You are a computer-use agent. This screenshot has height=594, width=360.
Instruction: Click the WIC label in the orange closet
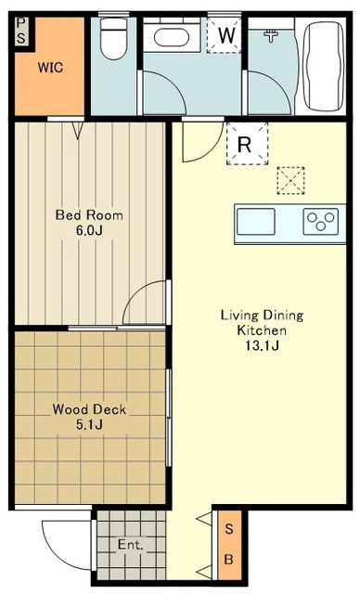pos(50,67)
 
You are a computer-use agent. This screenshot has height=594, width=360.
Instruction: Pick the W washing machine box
pos(225,36)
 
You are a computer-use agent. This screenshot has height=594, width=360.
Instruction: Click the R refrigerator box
pos(245,144)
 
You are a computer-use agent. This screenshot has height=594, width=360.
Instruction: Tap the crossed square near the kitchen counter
pos(291,180)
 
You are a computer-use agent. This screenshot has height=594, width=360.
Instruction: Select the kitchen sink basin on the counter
pos(256,223)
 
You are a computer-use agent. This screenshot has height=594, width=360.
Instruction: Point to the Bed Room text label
pos(89,215)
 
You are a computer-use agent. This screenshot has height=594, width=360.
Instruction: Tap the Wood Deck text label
pos(89,408)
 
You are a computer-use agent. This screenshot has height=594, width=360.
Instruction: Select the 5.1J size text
pos(89,425)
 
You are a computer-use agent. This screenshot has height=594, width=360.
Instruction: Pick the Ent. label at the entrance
pos(130,545)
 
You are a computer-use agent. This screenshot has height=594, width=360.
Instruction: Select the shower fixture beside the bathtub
pos(272,36)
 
